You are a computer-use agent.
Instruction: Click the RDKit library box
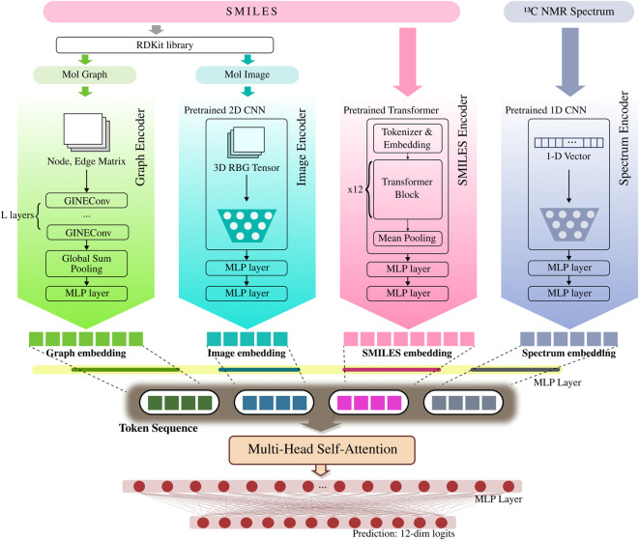click(164, 45)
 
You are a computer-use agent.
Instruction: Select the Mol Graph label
click(84, 75)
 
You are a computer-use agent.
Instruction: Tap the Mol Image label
click(247, 75)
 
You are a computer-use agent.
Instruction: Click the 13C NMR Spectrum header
click(568, 12)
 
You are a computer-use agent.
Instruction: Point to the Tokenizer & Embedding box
click(408, 138)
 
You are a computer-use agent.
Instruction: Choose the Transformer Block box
click(408, 189)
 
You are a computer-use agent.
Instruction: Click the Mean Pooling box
click(408, 238)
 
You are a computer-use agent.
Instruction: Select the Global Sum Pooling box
click(86, 264)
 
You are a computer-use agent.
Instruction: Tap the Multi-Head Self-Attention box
click(322, 450)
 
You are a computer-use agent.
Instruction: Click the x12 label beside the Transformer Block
click(355, 189)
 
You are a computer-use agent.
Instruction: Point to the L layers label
click(17, 215)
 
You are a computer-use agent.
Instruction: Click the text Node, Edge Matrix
click(86, 161)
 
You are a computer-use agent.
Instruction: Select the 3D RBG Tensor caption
click(247, 168)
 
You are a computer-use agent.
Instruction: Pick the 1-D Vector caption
click(568, 156)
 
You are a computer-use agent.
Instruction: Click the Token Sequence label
click(159, 428)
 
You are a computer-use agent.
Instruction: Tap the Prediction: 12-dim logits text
click(403, 533)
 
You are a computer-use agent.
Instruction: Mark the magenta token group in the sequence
click(369, 403)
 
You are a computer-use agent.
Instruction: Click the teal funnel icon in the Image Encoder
click(247, 225)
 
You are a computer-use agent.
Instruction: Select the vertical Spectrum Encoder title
click(624, 138)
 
